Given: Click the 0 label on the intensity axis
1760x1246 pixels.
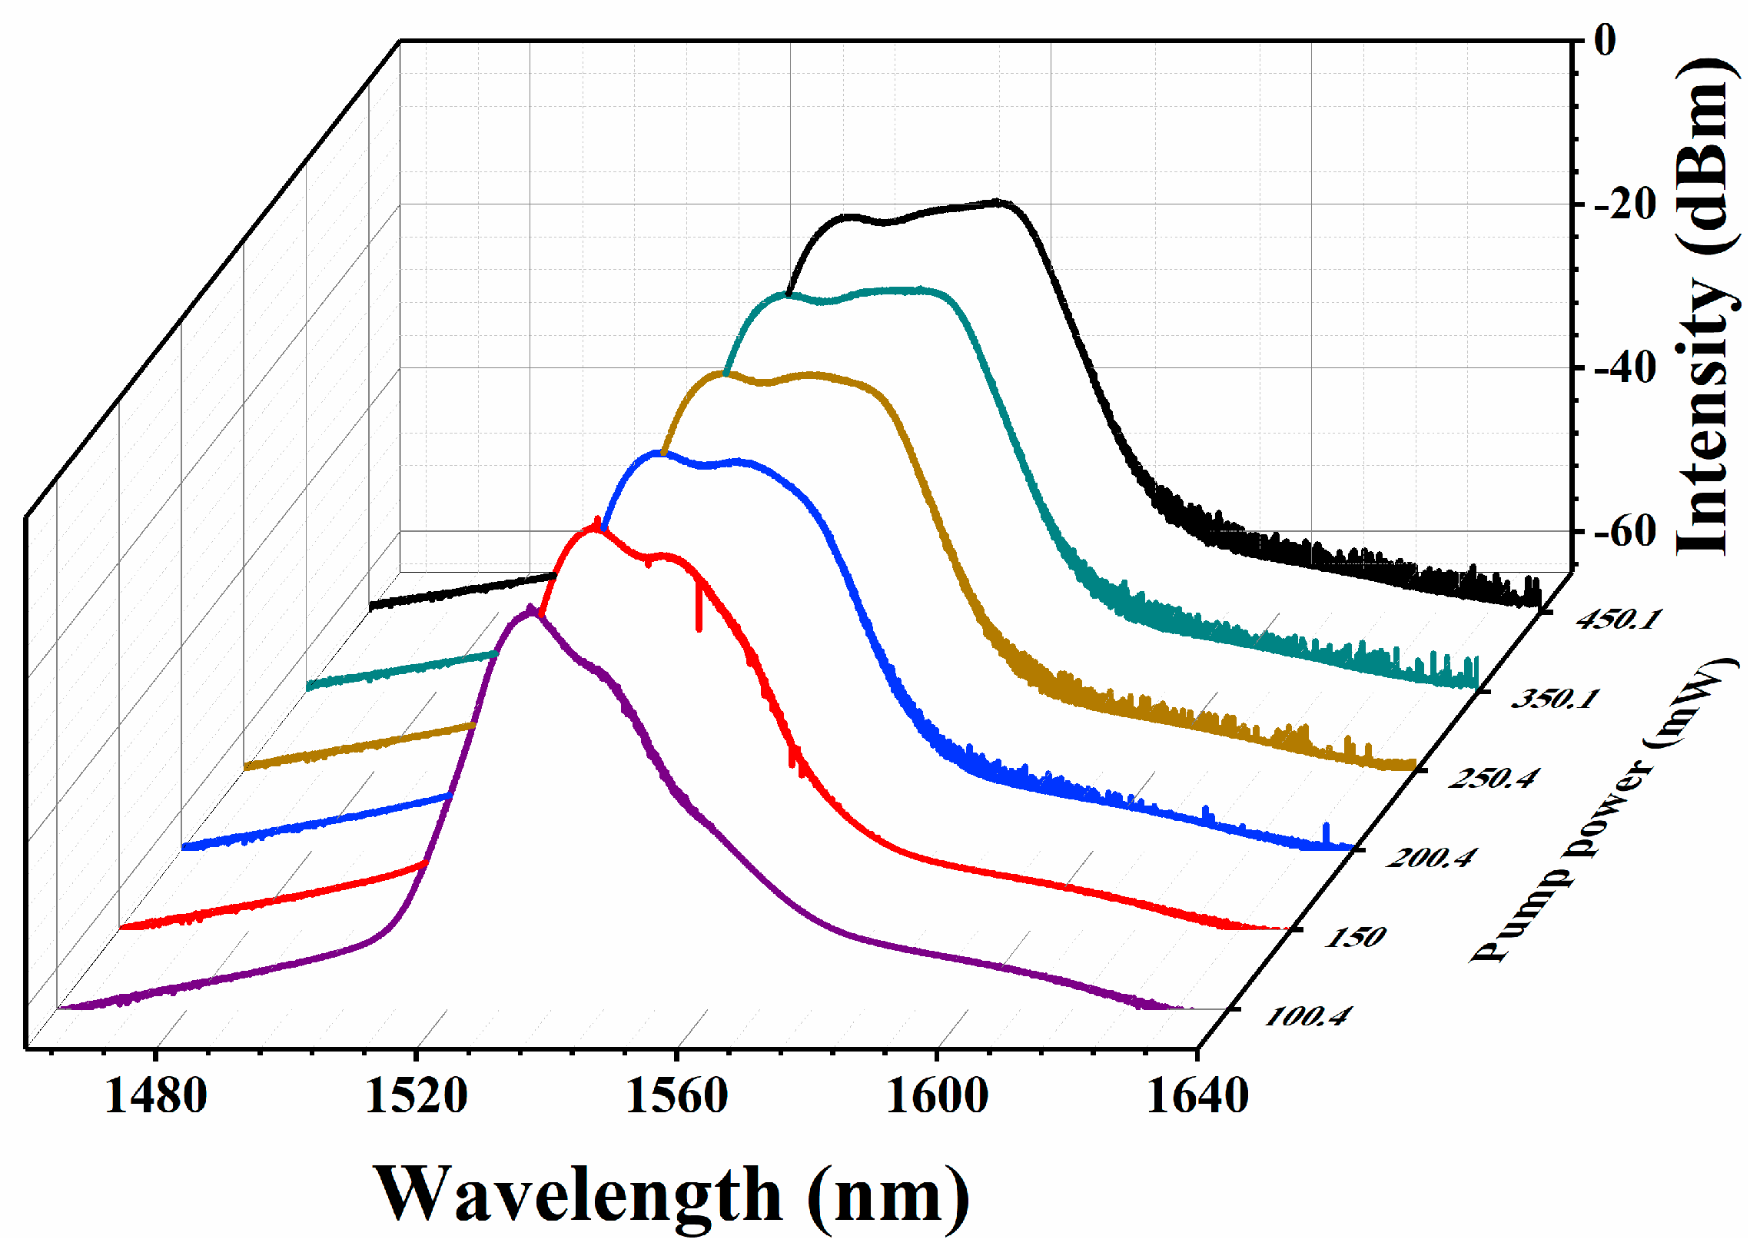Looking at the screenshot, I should click(1605, 40).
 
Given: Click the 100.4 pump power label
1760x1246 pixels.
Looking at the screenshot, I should click(1306, 1017).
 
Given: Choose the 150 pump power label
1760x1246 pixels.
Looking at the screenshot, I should click(1354, 937).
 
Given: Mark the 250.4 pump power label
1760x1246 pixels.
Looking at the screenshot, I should click(1493, 778).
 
